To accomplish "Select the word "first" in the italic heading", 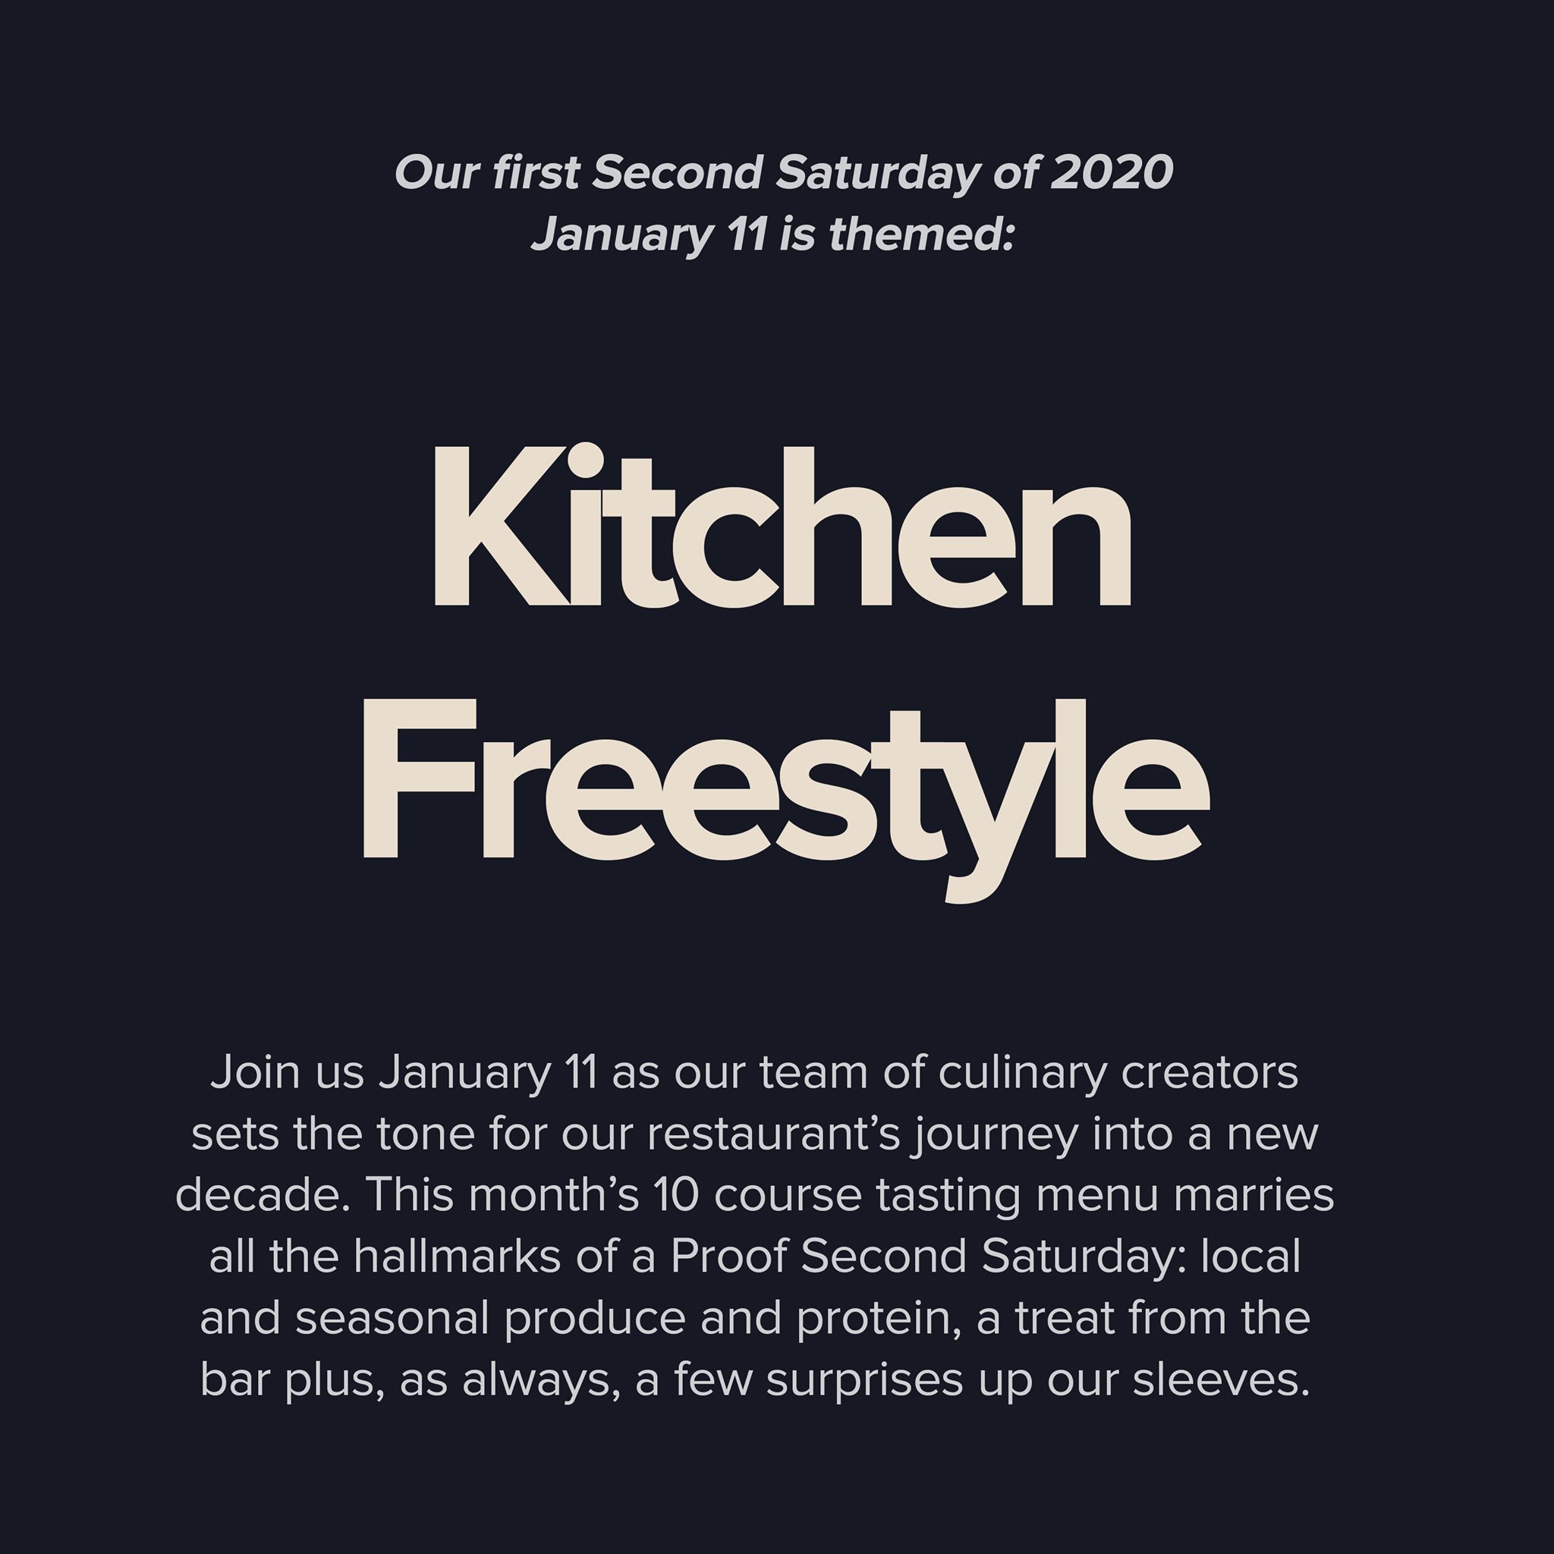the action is [x=536, y=172].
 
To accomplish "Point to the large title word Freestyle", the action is [x=786, y=800].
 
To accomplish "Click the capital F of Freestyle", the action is [x=419, y=779].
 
